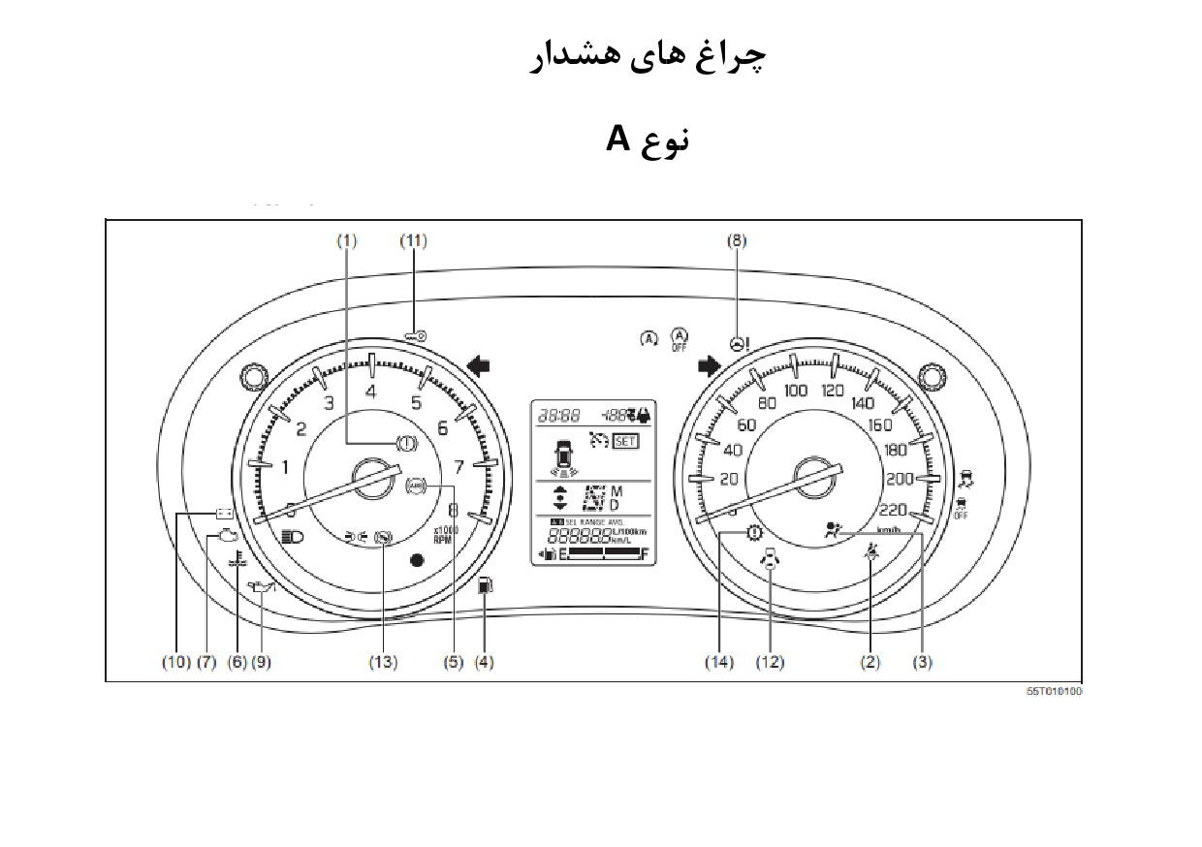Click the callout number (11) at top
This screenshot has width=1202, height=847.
point(413,240)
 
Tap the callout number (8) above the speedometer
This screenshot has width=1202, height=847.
point(737,240)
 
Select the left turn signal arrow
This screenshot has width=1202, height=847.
point(479,365)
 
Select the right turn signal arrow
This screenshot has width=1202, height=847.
point(710,365)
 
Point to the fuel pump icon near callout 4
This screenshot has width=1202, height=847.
point(486,586)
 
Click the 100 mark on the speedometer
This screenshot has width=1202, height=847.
point(796,391)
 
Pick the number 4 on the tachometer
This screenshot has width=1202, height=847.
point(371,392)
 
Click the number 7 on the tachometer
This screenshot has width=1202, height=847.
point(459,466)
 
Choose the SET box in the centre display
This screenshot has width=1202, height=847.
point(625,441)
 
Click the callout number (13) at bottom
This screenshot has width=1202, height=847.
point(383,662)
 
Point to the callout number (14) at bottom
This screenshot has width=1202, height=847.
point(719,662)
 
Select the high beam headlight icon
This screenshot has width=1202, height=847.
point(291,536)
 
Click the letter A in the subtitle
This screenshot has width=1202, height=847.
point(618,139)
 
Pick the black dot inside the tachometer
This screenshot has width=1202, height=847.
point(417,559)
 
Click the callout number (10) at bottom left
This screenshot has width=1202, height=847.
point(175,662)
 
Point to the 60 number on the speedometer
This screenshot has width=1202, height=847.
point(746,424)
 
